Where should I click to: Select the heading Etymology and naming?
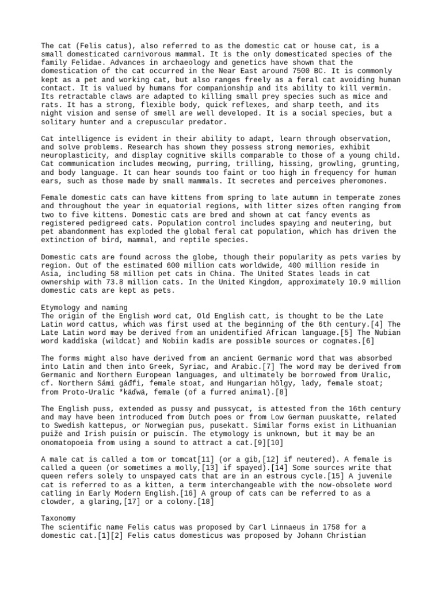tap(85, 308)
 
